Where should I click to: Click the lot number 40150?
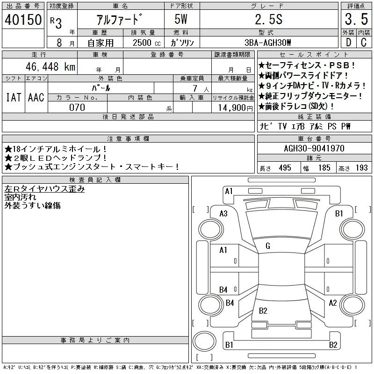tap(23, 19)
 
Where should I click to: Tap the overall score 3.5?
tap(356, 19)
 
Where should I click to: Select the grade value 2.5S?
tap(268, 19)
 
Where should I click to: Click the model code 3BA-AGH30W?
tap(268, 43)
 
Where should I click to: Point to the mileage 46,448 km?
tap(50, 66)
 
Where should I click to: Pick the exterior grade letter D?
tap(348, 43)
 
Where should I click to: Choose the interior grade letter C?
tap(364, 43)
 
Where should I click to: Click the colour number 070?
tap(77, 108)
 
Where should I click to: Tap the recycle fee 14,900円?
tap(235, 108)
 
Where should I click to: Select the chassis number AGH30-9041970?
tap(314, 148)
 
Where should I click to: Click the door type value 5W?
tap(181, 19)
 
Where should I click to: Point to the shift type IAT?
tap(14, 97)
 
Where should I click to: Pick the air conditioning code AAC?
tap(36, 97)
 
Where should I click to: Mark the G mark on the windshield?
tap(268, 246)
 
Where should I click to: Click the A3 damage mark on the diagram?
tap(223, 214)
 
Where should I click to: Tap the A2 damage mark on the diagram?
tap(333, 303)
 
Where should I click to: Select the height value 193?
tap(361, 168)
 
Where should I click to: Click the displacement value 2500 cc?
tap(146, 43)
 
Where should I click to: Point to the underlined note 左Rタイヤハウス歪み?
tap(44, 189)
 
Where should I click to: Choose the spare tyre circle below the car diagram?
tap(204, 341)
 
